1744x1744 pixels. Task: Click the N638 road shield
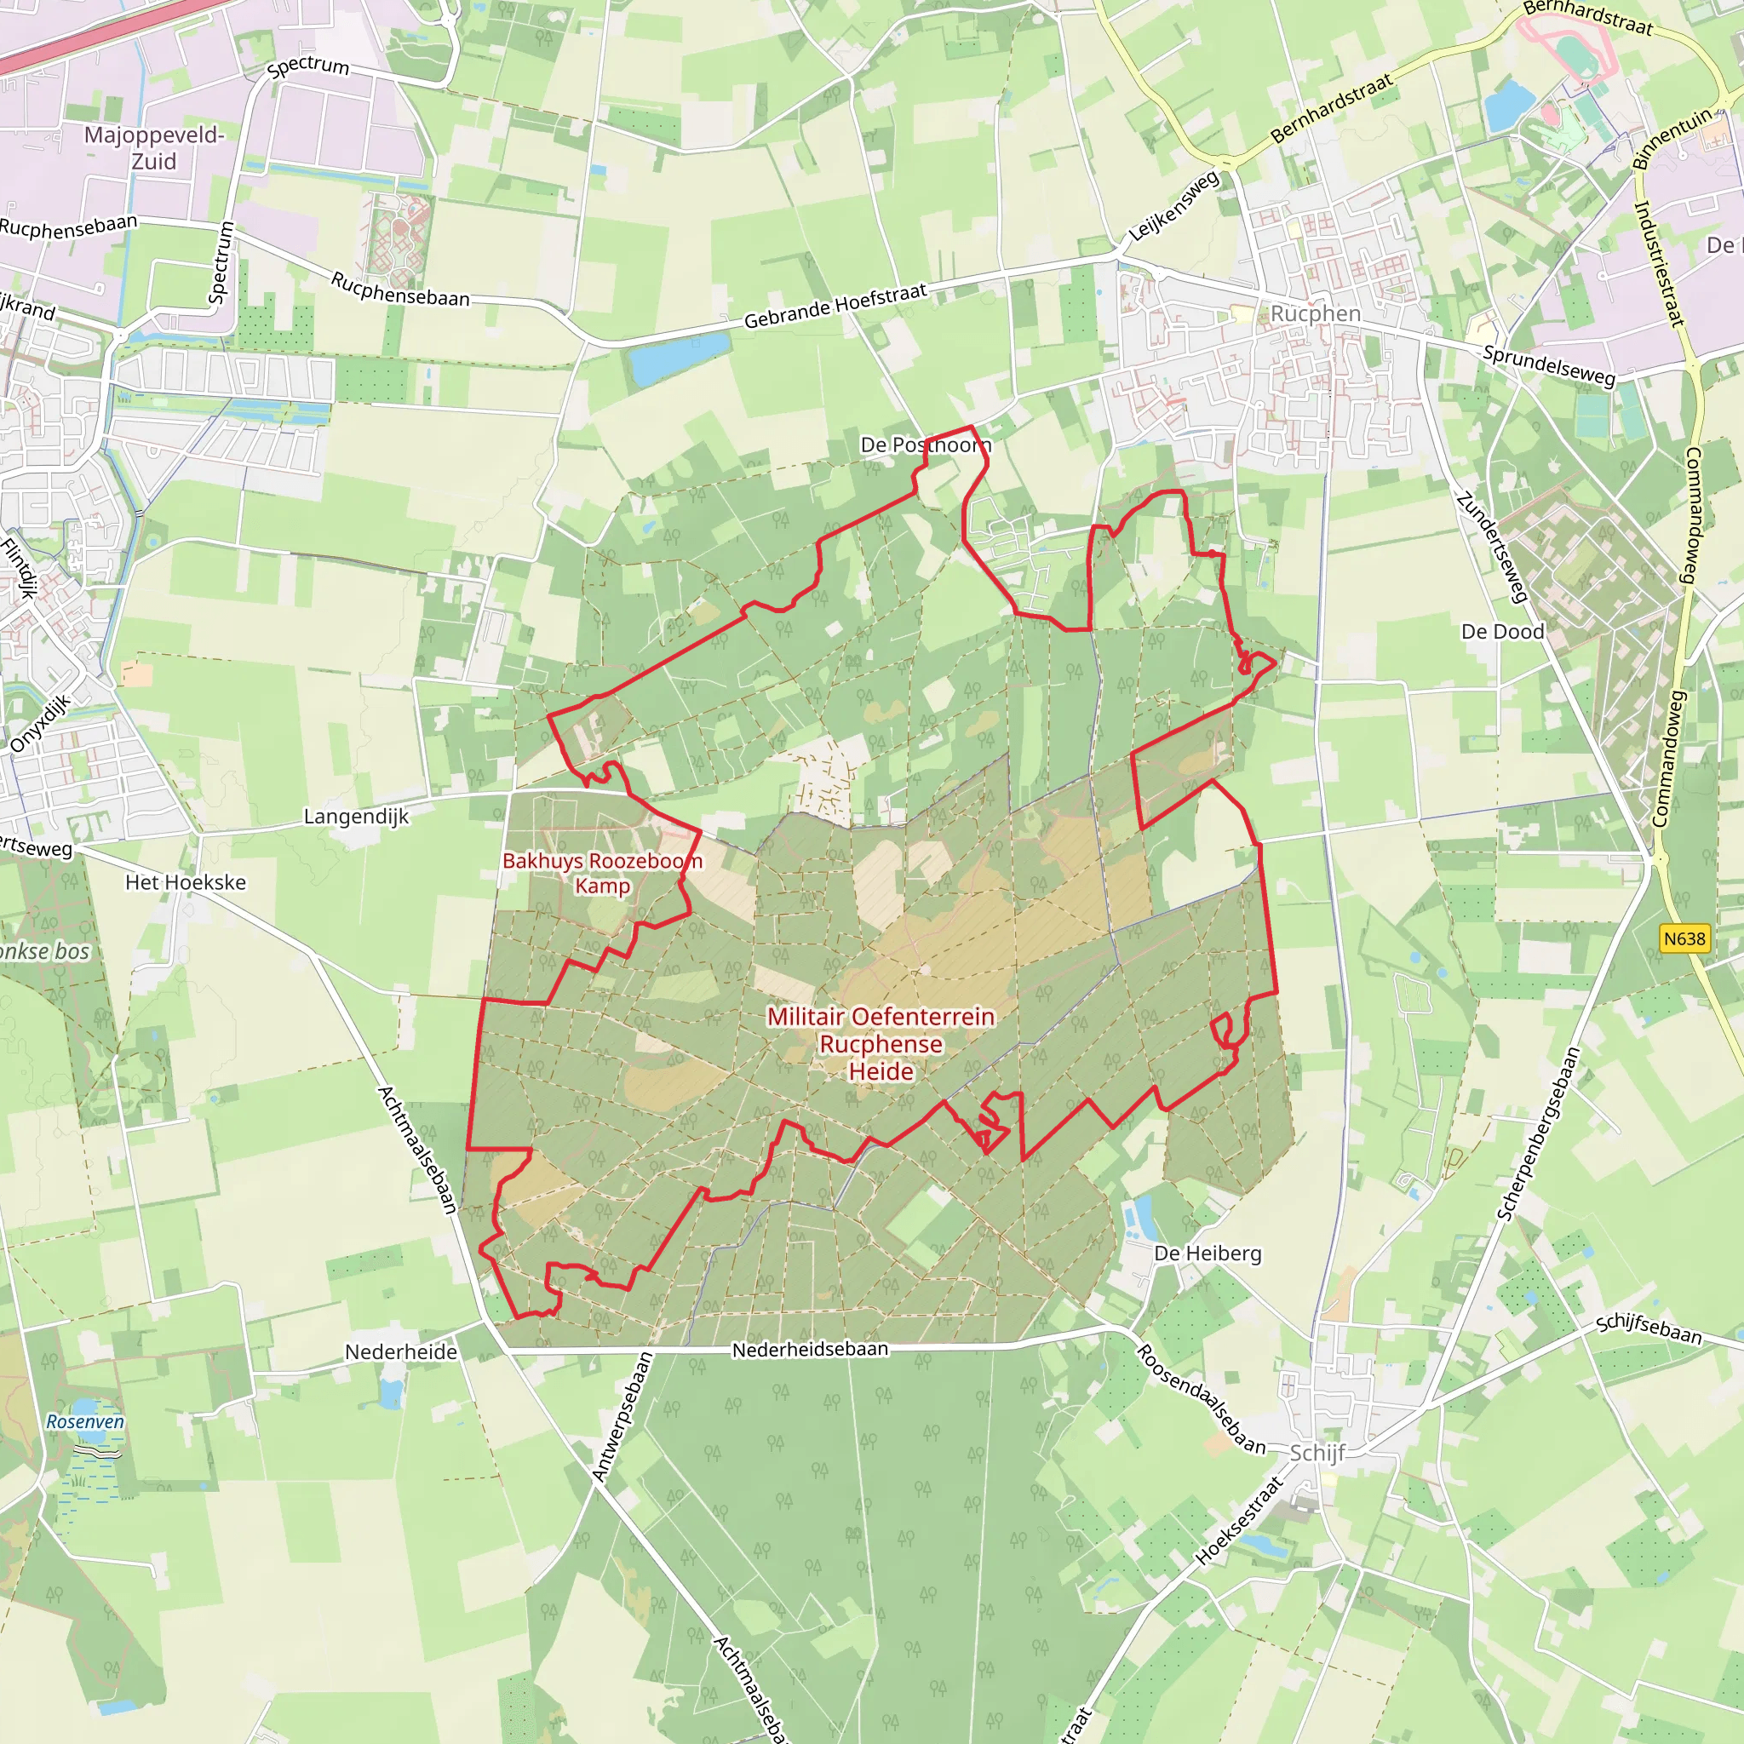1684,938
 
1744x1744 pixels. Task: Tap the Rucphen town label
1315,313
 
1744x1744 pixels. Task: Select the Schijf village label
1317,1453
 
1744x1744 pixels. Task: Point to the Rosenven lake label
86,1422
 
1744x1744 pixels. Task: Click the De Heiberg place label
1208,1253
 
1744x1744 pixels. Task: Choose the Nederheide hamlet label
401,1351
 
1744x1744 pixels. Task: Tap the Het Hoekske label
185,882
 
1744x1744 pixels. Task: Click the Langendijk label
356,817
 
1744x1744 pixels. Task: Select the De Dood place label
1503,631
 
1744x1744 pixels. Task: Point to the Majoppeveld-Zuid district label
154,148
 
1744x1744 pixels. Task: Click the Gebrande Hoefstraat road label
835,306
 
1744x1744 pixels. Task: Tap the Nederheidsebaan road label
810,1350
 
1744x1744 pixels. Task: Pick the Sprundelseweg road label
1549,364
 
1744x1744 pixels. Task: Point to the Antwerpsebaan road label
622,1416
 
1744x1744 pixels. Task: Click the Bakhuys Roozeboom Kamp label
602,873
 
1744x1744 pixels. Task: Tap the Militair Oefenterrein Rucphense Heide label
881,1043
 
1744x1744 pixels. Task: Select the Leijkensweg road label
1173,207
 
